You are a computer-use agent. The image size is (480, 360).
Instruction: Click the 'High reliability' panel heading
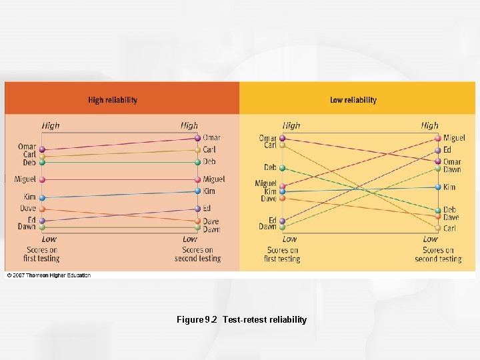[113, 100]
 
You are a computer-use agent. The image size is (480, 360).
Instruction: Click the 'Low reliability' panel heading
[353, 100]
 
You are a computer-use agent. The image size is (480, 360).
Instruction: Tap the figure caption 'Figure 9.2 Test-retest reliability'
[241, 319]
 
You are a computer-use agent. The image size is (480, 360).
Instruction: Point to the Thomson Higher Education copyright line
[49, 275]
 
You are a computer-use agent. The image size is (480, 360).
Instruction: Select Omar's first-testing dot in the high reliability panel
[42, 150]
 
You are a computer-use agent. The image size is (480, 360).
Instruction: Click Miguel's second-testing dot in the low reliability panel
[438, 138]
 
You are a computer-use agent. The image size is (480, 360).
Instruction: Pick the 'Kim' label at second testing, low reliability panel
[449, 187]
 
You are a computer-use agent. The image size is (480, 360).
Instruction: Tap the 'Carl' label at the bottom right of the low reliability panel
[450, 228]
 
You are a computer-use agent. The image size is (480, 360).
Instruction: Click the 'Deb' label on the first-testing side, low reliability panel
[269, 167]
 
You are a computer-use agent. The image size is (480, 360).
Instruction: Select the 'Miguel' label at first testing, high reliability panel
[25, 179]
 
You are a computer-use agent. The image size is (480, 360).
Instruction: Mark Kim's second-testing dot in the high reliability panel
[198, 192]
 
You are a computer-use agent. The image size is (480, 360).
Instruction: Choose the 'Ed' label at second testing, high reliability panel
[207, 209]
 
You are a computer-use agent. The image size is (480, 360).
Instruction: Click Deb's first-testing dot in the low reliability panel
[282, 168]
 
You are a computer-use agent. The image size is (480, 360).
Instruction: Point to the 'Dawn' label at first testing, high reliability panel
[27, 227]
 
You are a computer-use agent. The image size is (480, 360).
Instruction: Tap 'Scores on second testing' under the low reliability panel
[438, 254]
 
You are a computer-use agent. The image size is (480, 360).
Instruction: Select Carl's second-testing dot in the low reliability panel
[438, 228]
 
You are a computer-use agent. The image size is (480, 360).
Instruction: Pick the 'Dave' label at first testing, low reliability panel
[268, 199]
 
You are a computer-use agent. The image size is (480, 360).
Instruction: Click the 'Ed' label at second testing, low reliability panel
[447, 150]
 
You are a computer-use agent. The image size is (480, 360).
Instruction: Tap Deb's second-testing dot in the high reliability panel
[198, 162]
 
